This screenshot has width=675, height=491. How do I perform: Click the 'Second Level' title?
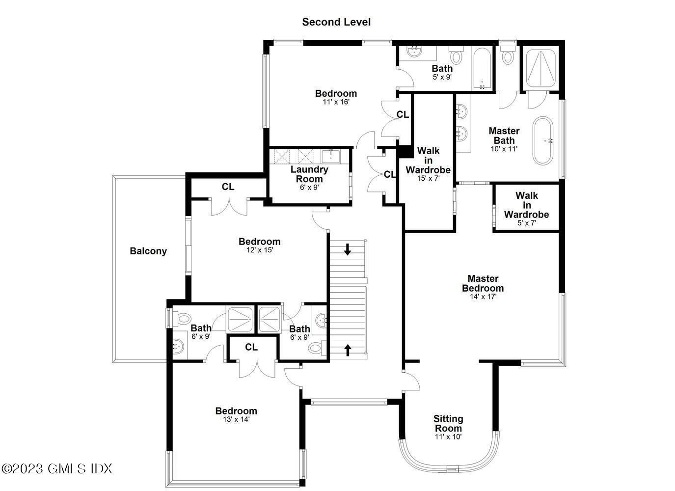pyautogui.click(x=336, y=22)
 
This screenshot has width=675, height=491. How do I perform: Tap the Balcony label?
pyautogui.click(x=148, y=251)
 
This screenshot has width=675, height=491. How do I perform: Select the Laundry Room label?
pyautogui.click(x=309, y=174)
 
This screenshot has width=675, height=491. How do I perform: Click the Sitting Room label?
pyautogui.click(x=448, y=423)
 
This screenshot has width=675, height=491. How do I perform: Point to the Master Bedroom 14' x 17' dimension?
pyautogui.click(x=483, y=297)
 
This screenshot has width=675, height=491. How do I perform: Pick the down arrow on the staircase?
pyautogui.click(x=348, y=249)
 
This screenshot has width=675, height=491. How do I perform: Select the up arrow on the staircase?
pyautogui.click(x=348, y=350)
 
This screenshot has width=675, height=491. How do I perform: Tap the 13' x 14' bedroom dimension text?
pyautogui.click(x=236, y=419)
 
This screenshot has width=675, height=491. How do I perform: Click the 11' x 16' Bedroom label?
pyautogui.click(x=336, y=93)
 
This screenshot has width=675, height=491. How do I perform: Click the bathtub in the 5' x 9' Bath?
pyautogui.click(x=482, y=69)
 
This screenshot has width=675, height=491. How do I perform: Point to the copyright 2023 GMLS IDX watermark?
pyautogui.click(x=57, y=468)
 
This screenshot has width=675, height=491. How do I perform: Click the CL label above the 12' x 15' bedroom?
pyautogui.click(x=228, y=187)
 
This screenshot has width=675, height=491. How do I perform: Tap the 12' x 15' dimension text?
pyautogui.click(x=259, y=250)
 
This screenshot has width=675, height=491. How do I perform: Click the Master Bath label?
pyautogui.click(x=504, y=136)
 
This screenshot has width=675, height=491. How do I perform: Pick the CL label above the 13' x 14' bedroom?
pyautogui.click(x=251, y=348)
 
